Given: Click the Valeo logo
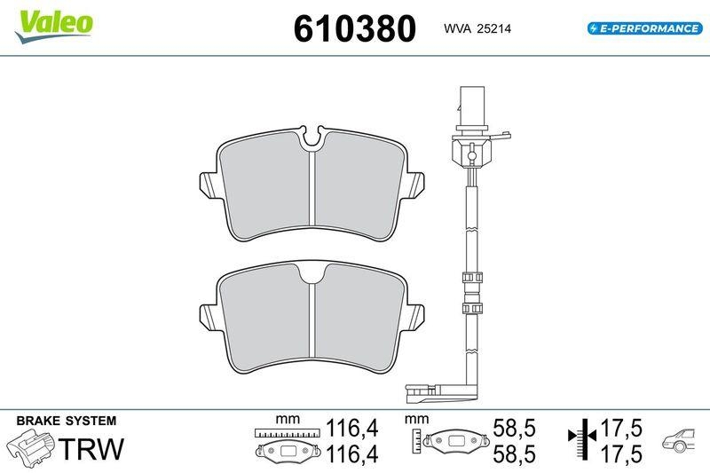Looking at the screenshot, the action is (54, 27).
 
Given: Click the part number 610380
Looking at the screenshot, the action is (354, 28).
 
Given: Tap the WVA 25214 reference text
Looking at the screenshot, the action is (477, 28).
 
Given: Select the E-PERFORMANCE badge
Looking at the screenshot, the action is (645, 28).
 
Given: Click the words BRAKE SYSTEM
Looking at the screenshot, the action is (66, 421).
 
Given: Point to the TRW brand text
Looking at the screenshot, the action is (91, 448).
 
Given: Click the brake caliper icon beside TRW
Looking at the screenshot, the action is (31, 446).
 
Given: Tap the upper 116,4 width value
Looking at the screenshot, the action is (352, 428).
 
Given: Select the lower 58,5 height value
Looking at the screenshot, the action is (514, 454).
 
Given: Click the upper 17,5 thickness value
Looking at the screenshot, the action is (621, 428).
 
